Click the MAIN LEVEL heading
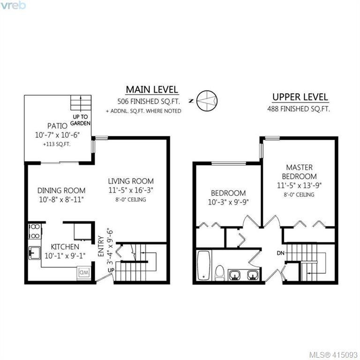(152, 90)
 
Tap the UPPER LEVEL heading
(300, 97)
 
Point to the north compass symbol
(207, 101)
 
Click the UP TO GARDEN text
(80, 120)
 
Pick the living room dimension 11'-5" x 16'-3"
(131, 190)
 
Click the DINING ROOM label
(61, 191)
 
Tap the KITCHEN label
(65, 247)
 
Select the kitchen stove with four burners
(35, 231)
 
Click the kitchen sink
(35, 253)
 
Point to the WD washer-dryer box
(83, 273)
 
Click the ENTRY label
(101, 246)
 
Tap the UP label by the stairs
(111, 270)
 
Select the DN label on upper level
(281, 253)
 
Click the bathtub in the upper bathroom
(203, 265)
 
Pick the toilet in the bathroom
(220, 273)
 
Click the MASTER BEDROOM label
(300, 172)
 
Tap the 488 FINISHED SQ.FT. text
(299, 109)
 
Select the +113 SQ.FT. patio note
(57, 145)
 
